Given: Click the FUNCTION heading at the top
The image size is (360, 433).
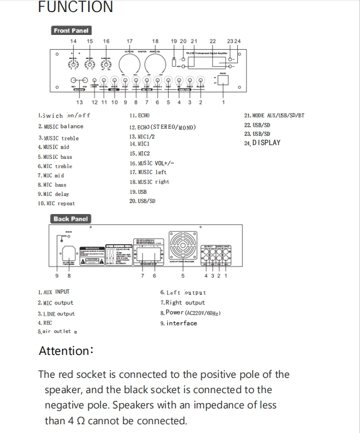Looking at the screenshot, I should pyautogui.click(x=76, y=7).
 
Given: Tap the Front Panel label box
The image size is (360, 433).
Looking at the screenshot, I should pyautogui.click(x=71, y=31).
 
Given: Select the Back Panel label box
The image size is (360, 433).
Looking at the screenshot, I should pyautogui.click(x=71, y=219).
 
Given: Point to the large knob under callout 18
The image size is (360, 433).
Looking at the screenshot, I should pyautogui.click(x=155, y=65).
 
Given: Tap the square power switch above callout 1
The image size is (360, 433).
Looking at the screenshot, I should pyautogui.click(x=223, y=80).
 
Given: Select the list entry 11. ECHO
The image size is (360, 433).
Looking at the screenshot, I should pyautogui.click(x=140, y=116).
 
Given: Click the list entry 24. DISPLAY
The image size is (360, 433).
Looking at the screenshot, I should pyautogui.click(x=262, y=143).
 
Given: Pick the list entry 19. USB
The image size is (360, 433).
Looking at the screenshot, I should pyautogui.click(x=139, y=192).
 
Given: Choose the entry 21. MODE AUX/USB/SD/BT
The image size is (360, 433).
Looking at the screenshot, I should pyautogui.click(x=274, y=116).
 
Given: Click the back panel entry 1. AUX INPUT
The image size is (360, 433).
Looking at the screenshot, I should pyautogui.click(x=54, y=292).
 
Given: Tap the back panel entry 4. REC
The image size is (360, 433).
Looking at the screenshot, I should pyautogui.click(x=45, y=323).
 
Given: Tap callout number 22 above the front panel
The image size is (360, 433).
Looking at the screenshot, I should pyautogui.click(x=213, y=41).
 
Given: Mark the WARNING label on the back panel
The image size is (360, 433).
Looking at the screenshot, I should pyautogui.click(x=90, y=248).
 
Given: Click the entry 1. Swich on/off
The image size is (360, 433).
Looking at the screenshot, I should pyautogui.click(x=64, y=116).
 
